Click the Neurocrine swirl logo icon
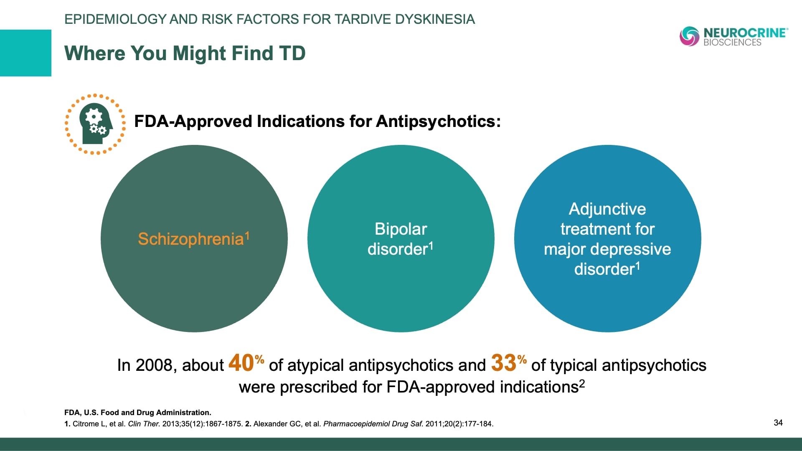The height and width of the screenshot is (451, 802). click(x=689, y=36)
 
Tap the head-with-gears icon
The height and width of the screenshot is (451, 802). click(x=96, y=124)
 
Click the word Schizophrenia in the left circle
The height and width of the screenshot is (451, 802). click(x=190, y=239)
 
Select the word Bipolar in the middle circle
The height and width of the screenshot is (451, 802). click(x=401, y=229)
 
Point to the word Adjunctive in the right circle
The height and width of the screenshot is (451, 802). click(x=607, y=209)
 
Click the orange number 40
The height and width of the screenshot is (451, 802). click(x=241, y=363)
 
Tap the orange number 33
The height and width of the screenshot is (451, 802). click(x=504, y=363)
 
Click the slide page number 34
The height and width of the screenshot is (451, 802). click(x=778, y=423)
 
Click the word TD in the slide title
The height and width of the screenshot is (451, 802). click(x=292, y=53)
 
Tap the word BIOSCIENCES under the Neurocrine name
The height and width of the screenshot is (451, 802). click(x=732, y=43)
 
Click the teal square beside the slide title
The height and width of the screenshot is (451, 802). click(x=25, y=53)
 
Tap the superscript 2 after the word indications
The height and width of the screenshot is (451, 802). click(x=582, y=383)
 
